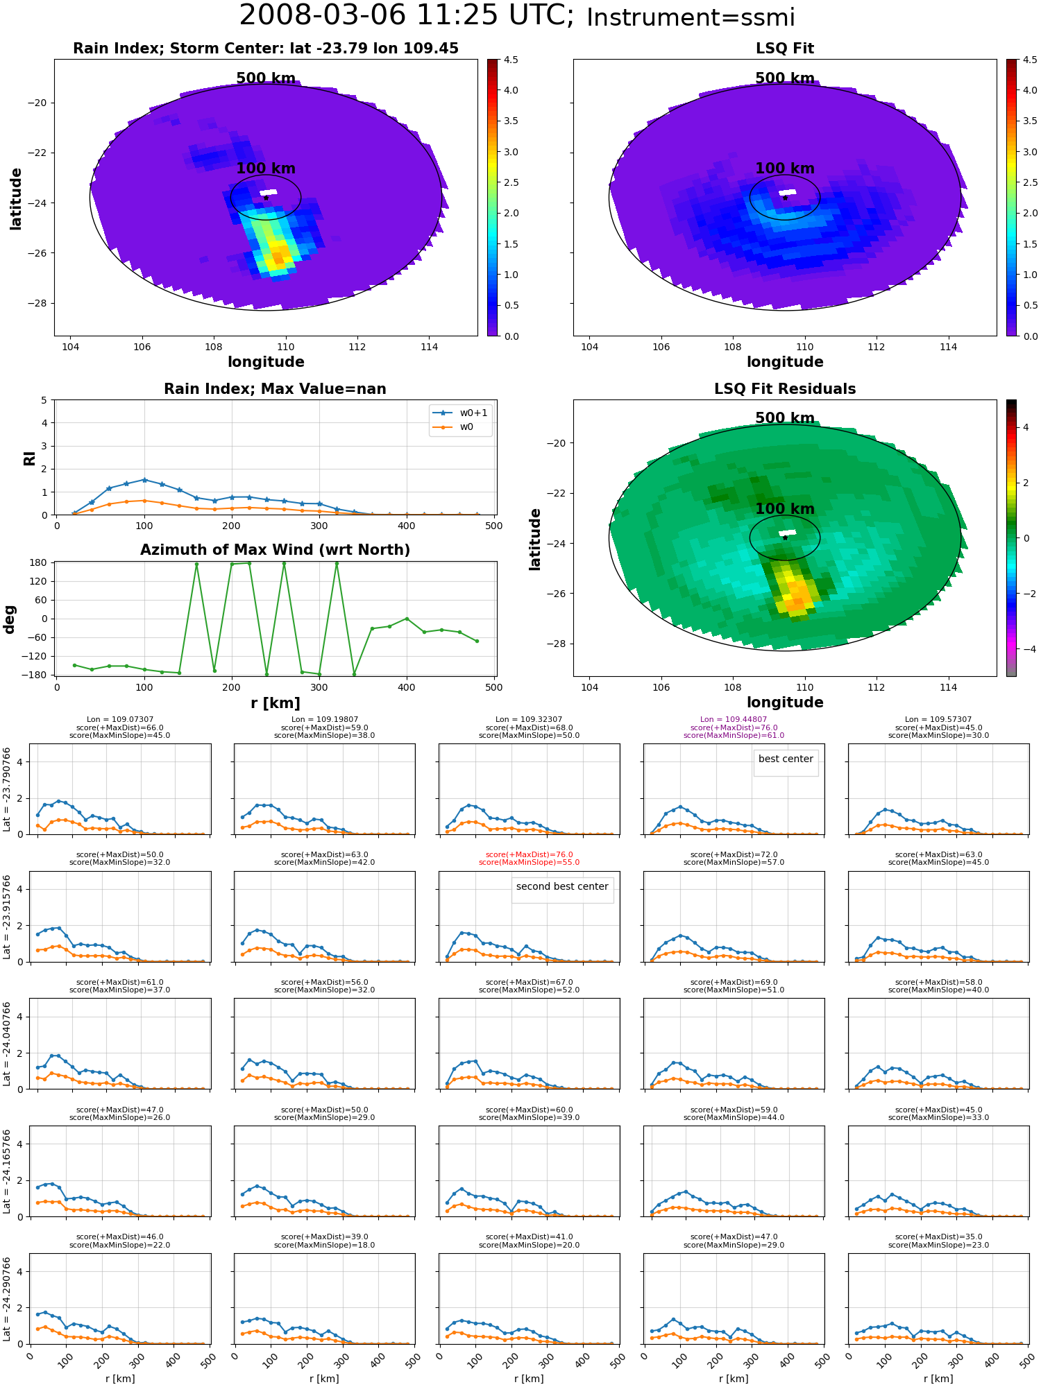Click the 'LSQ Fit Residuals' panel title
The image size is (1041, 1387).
coord(785,389)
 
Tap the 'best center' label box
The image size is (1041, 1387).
coord(786,759)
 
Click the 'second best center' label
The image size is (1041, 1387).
coord(562,886)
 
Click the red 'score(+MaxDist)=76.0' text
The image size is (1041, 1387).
coord(529,855)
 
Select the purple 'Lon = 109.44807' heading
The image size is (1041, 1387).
coord(734,720)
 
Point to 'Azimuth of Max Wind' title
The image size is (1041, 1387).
coord(275,550)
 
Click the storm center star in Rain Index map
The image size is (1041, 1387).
coord(266,198)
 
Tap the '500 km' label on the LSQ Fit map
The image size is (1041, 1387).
coord(785,78)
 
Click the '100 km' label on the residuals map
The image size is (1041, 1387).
coord(785,509)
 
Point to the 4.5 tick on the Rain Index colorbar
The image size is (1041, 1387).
coord(511,60)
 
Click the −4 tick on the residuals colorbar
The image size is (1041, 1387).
coord(1026,649)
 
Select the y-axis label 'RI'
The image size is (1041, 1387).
coord(29,458)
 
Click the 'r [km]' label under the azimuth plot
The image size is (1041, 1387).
coord(276,703)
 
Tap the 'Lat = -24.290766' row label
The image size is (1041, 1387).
coord(7,1299)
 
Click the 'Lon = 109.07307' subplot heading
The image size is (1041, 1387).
coord(120,720)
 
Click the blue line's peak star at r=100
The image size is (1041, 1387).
coord(144,480)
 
